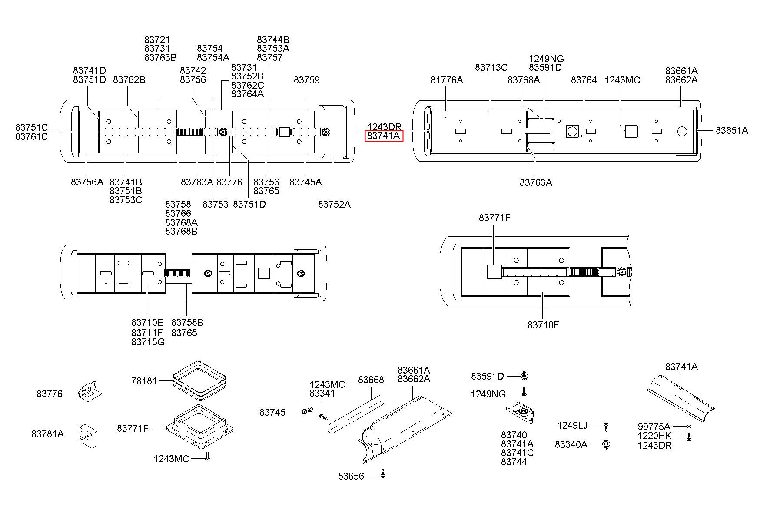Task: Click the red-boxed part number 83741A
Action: point(384,136)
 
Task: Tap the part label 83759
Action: point(306,80)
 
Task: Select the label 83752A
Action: point(334,204)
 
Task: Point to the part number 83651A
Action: point(732,130)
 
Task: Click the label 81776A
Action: point(447,80)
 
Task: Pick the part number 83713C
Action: point(491,67)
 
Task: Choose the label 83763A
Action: point(536,182)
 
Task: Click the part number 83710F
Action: point(543,324)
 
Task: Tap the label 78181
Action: point(144,381)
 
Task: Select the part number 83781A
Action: point(47,433)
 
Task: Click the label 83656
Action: point(351,476)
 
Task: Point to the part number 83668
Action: point(371,380)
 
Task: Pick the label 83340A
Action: point(571,444)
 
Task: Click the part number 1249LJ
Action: point(572,425)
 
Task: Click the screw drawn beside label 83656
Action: point(382,473)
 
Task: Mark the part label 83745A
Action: point(305,182)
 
